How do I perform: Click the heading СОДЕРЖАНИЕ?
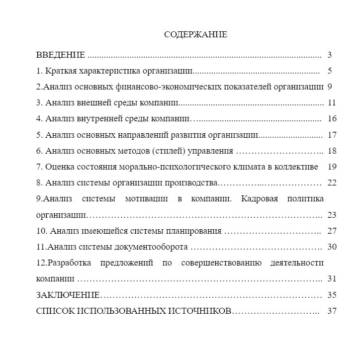click(x=195, y=35)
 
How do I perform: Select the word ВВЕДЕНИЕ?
click(x=61, y=55)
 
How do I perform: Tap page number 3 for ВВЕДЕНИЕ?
click(x=330, y=55)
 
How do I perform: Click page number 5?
click(x=330, y=71)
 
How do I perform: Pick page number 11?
click(x=332, y=102)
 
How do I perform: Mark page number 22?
click(x=332, y=182)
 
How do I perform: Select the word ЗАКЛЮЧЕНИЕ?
click(x=69, y=295)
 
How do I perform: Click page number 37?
click(x=332, y=311)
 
